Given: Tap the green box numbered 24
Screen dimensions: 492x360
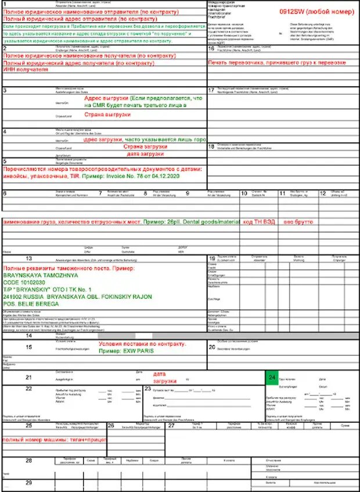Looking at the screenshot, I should click(x=272, y=377).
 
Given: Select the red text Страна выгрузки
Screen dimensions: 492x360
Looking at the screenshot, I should click(x=109, y=115).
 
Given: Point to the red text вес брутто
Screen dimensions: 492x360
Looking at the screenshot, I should click(x=298, y=222).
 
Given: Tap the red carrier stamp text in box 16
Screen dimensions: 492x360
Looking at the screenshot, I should click(x=277, y=62).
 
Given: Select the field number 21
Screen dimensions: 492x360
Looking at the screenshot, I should click(x=28, y=377).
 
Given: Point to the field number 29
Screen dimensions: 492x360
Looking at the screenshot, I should click(x=28, y=483).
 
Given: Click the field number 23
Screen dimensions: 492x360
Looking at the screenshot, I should click(x=147, y=388).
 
